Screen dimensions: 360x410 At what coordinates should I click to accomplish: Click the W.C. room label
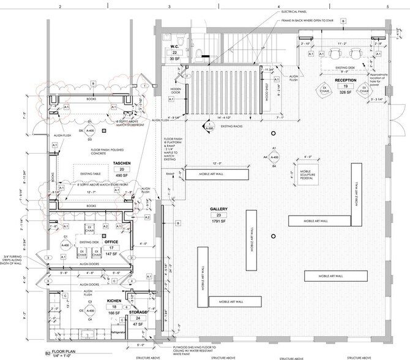[174, 47]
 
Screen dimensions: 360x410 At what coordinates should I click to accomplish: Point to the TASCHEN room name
[121, 163]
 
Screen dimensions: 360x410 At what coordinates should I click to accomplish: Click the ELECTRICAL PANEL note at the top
[294, 12]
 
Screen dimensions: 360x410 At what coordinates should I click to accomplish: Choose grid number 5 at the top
[388, 5]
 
